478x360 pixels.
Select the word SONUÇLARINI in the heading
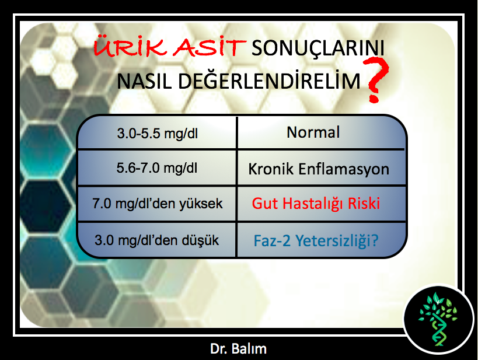coord(318,48)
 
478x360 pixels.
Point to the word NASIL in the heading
coord(145,81)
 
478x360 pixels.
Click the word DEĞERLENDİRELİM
coord(269,80)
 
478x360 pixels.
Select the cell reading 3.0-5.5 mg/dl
coord(158,134)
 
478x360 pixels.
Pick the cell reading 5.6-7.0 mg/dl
coord(156,168)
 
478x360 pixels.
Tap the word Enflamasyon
coord(344,169)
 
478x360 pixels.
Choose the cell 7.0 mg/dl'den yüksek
coord(158,204)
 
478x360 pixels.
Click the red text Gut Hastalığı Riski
coord(316,203)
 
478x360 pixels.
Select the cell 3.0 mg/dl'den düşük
coord(156,240)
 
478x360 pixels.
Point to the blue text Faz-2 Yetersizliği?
coord(316,240)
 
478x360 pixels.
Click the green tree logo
coord(438,319)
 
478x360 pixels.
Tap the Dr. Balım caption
coord(238,348)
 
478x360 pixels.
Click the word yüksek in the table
coord(201,204)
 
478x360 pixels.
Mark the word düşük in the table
coord(200,240)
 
